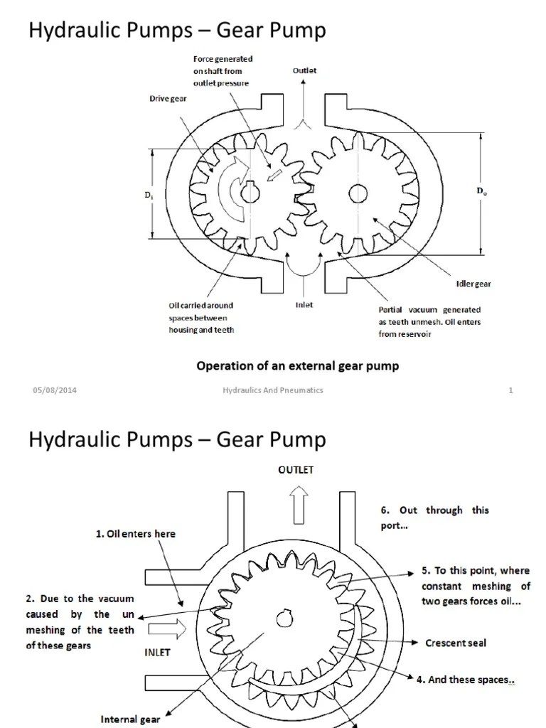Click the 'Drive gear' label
pos(168,99)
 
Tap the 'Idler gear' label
pos(473,284)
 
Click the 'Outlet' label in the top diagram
pos(304,71)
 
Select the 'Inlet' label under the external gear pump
pos(304,305)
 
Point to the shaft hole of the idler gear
pos(358,192)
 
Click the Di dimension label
pos(147,194)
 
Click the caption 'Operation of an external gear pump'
pos(297,365)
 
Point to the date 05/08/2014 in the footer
pos(50,390)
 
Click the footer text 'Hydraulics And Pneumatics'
pos(273,390)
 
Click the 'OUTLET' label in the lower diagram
pos(296,470)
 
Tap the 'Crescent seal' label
pos(456,643)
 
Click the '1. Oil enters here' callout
pos(136,533)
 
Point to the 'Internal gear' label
pos(130,719)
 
